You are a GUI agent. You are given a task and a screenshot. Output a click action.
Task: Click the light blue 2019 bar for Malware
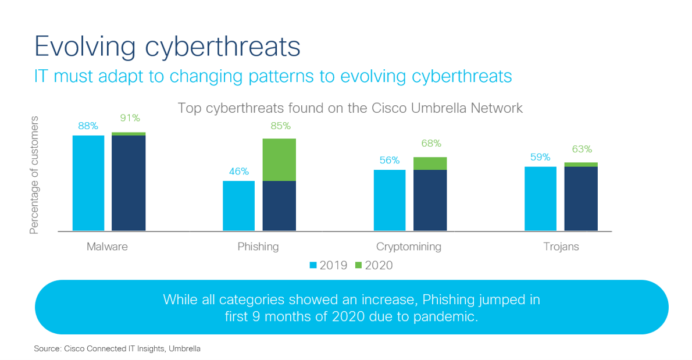click(88, 183)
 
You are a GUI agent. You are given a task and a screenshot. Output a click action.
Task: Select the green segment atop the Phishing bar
click(279, 159)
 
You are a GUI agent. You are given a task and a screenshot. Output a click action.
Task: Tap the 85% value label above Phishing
click(280, 126)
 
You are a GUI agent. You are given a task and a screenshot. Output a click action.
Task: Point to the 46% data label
click(238, 171)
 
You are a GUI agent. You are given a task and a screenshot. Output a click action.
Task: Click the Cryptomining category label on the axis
click(408, 247)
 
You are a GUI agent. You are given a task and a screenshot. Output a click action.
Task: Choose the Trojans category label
click(561, 247)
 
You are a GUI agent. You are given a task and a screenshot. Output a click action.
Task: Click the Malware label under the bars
click(107, 247)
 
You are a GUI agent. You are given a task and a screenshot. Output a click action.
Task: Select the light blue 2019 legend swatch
click(313, 265)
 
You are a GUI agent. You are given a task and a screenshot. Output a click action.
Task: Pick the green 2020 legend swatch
click(358, 265)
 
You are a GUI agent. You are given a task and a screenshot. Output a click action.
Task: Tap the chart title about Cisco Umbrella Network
click(350, 108)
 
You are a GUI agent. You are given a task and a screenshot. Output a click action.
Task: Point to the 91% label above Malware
click(129, 118)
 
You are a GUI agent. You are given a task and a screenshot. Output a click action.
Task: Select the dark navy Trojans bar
click(581, 199)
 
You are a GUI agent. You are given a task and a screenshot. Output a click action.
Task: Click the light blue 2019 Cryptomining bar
click(390, 200)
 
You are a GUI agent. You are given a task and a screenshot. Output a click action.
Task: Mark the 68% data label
click(431, 143)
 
